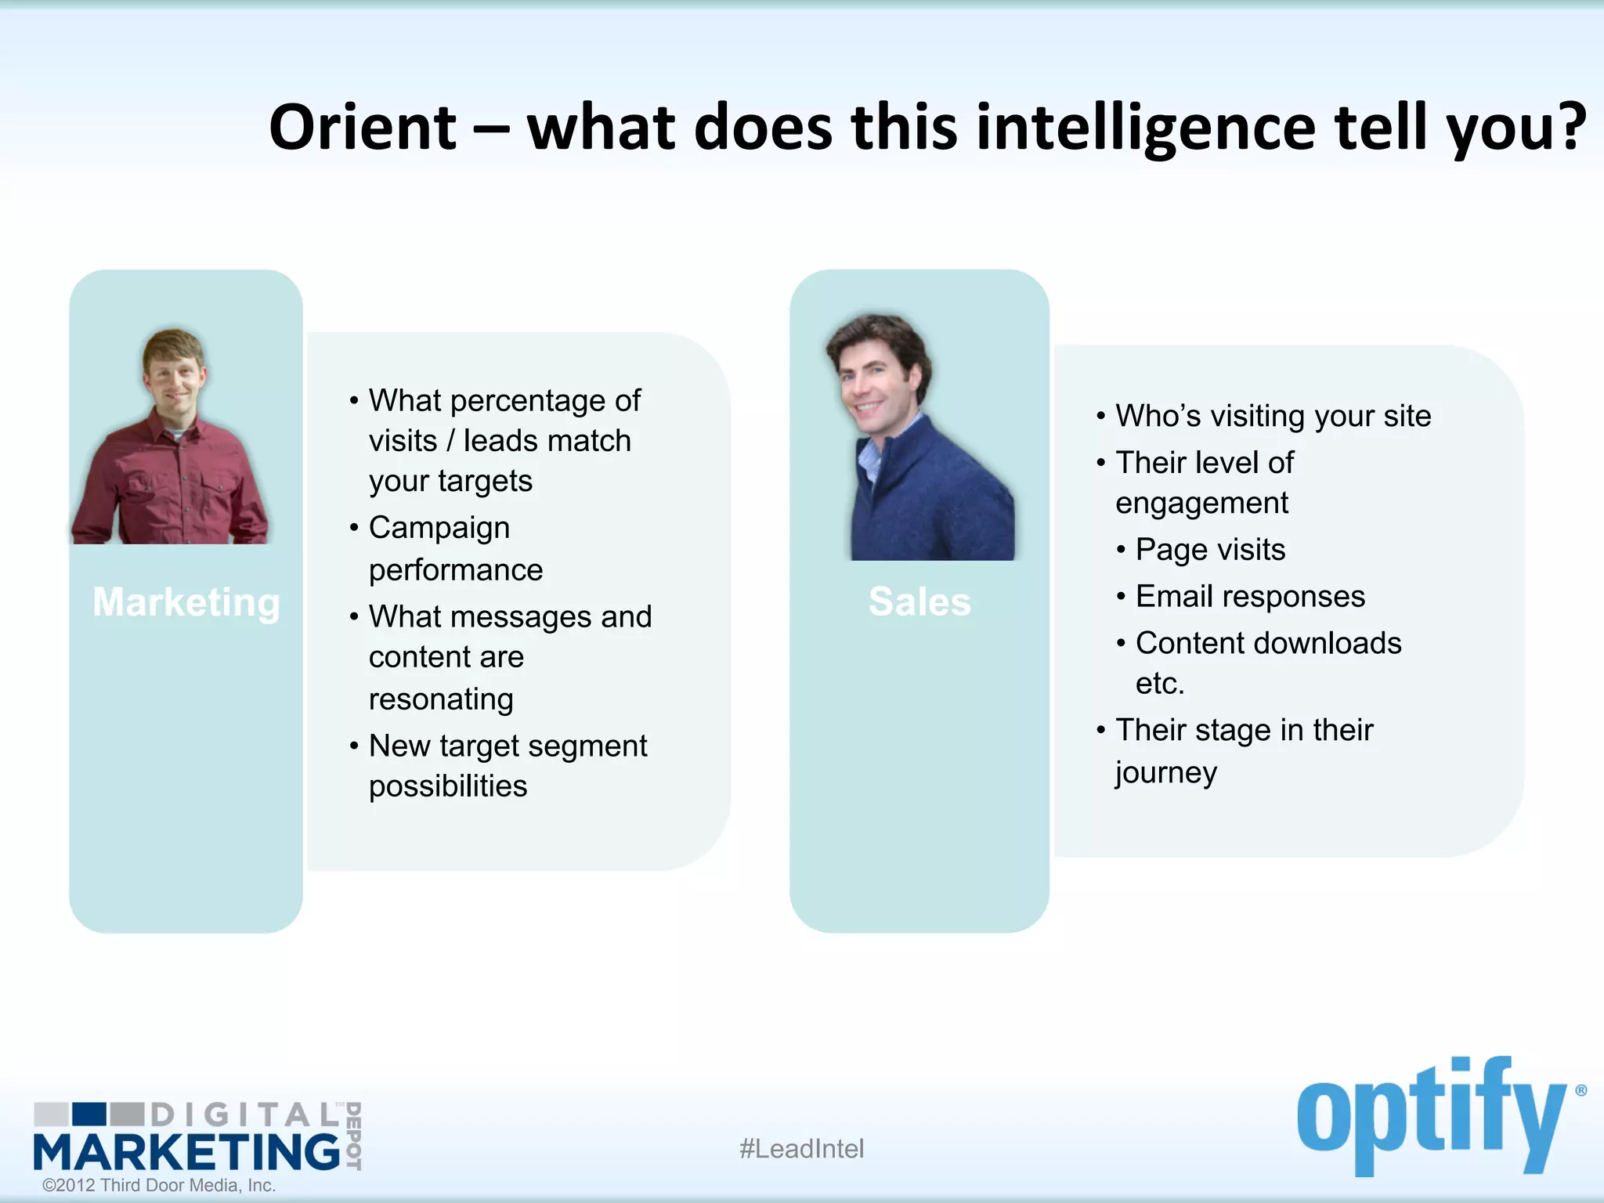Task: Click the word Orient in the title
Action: tap(362, 128)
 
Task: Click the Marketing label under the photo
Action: tap(186, 602)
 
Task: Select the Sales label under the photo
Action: tap(919, 602)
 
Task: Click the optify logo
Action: tap(1433, 1115)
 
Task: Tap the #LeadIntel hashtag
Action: tap(801, 1149)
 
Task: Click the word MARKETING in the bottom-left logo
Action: tap(186, 1152)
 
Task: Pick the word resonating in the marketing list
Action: tap(441, 699)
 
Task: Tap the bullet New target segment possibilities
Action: tap(507, 765)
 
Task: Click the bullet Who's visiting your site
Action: tap(1273, 416)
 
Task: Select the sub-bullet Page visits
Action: tap(1210, 550)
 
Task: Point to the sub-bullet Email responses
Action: tap(1250, 597)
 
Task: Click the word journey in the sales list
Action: tap(1166, 772)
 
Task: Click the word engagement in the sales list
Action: tap(1201, 504)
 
